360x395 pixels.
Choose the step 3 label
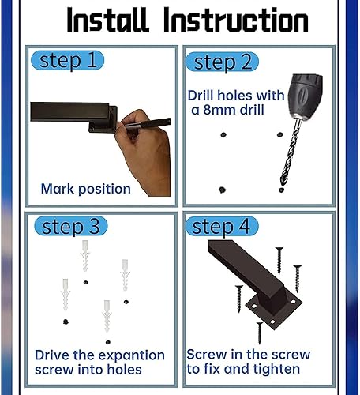71,227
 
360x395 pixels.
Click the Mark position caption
85,189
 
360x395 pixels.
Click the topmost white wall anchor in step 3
85,256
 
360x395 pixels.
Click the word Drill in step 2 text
202,96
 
